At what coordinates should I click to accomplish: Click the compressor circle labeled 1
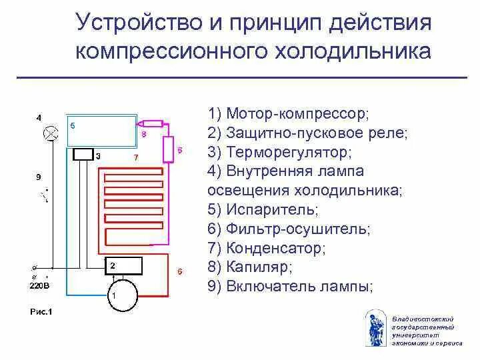click(123, 294)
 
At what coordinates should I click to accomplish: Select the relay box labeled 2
click(123, 265)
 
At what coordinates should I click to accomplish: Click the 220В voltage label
click(38, 286)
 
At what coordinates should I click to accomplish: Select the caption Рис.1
click(41, 311)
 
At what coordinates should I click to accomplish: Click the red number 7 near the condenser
click(136, 158)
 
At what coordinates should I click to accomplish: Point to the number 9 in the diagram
click(39, 177)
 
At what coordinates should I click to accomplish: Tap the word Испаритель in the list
click(273, 209)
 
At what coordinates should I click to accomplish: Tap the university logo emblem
click(375, 328)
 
